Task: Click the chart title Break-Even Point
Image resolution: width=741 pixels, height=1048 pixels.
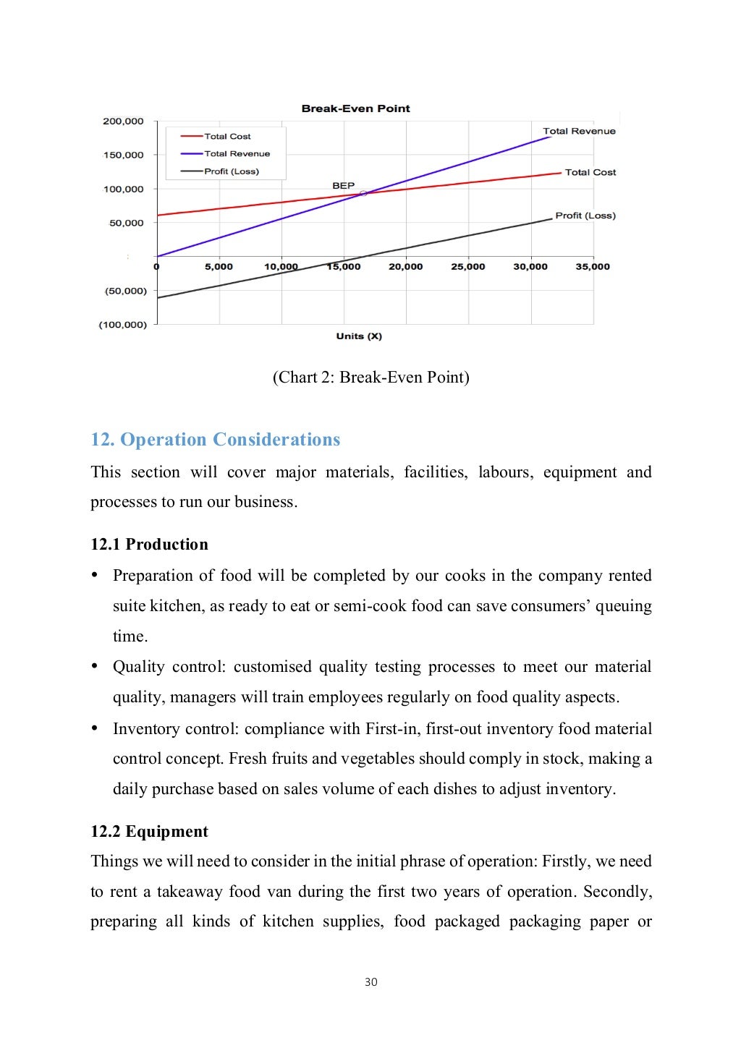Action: pos(355,108)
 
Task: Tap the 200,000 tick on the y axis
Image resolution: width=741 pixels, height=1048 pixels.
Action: pos(123,122)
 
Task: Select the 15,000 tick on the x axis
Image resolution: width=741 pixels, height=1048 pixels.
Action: pos(343,267)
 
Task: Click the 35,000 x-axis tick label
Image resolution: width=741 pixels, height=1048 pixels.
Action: pos(592,267)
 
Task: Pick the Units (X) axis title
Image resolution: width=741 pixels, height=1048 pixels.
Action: pos(359,336)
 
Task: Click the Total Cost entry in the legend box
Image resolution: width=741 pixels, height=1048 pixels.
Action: pos(226,136)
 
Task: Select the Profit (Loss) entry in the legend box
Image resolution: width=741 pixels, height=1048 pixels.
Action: pos(231,171)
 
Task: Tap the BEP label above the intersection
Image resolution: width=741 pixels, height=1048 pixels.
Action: pos(343,186)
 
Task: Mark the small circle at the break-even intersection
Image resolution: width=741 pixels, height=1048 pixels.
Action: pos(364,193)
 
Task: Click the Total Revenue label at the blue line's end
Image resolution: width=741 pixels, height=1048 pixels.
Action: pos(579,131)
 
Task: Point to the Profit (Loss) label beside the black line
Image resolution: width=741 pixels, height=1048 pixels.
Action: pos(585,216)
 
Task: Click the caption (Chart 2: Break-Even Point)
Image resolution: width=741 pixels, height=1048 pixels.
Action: pos(370,377)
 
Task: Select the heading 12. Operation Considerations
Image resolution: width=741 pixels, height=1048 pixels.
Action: pos(215,440)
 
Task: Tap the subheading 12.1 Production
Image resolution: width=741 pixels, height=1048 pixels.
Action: pos(149,545)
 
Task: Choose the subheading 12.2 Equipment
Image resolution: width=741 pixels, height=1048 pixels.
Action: pos(149,832)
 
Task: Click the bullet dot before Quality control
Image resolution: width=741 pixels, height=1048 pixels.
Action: pos(95,666)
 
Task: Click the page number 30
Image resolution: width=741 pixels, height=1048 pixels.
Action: pos(370,981)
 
